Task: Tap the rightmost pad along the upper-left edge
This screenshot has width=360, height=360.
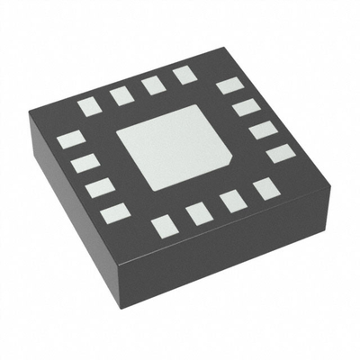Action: tap(185, 75)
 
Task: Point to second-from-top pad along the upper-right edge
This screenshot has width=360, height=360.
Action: tap(246, 109)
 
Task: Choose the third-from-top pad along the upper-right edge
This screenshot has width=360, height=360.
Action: tap(262, 130)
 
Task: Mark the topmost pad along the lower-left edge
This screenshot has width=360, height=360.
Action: tap(69, 140)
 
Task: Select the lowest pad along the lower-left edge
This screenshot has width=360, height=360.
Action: tap(114, 213)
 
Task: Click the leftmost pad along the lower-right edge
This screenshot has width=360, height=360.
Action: tap(166, 226)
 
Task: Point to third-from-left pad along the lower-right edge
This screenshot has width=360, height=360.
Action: tap(233, 201)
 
